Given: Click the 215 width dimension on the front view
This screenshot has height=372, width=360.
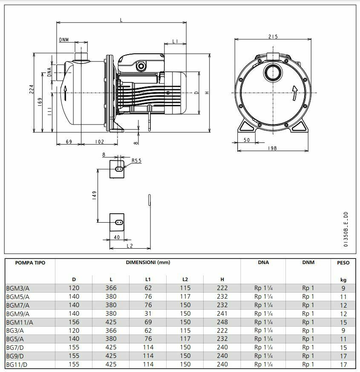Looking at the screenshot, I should coord(273,37).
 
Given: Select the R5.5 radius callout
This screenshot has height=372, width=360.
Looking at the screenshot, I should coord(136,161).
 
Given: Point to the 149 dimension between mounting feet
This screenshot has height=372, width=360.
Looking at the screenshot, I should coord(95,195).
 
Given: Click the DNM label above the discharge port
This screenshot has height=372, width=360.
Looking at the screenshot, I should coord(64,40).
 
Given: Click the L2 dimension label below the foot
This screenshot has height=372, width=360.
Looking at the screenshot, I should coord(130,246).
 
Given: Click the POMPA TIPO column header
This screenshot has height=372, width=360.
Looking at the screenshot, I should coord(30,263).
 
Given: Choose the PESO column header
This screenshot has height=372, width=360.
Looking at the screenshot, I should coord(343,263).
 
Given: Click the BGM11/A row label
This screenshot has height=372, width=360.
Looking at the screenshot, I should coord(20,322).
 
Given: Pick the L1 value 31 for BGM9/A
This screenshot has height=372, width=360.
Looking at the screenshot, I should coord(148,314).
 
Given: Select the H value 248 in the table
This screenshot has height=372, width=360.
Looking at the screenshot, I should coord(222,322).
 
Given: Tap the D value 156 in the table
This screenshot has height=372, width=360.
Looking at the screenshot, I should coord(74,322).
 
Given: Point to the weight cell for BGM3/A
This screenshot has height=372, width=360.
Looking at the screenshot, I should coord(343,288).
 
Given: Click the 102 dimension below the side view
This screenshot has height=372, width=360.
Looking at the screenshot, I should coord(99,142).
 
